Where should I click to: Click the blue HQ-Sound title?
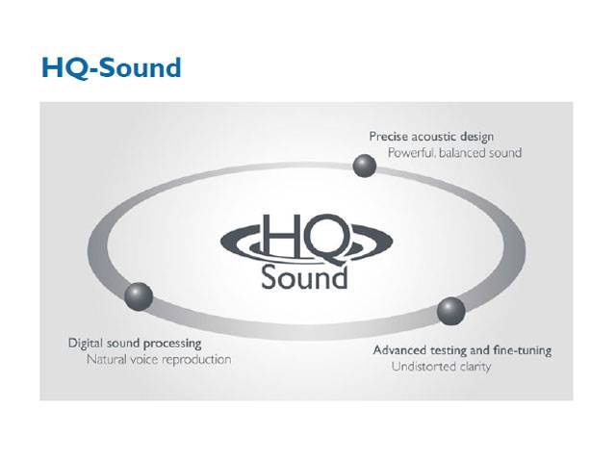[x=112, y=68]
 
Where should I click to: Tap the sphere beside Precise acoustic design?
[x=364, y=166]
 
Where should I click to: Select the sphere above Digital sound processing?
[x=139, y=296]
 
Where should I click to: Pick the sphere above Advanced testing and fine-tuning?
[x=451, y=311]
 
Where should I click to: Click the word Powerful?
[x=412, y=152]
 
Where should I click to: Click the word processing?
[x=172, y=345]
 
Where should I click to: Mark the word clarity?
[x=475, y=368]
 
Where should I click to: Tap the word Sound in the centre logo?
[x=304, y=277]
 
